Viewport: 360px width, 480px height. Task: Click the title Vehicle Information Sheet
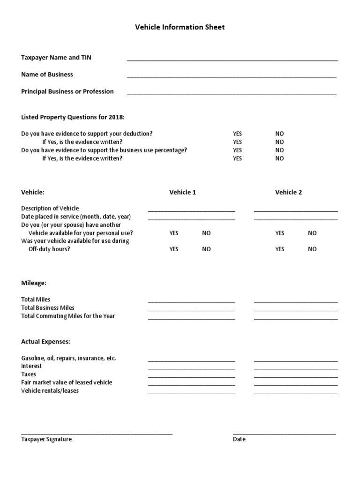coord(180,27)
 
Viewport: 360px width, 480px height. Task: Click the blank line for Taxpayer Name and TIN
coord(232,59)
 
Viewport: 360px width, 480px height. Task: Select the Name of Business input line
coord(232,76)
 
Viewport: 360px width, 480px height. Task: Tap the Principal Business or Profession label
coord(67,91)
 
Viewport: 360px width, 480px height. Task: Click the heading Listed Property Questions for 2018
coord(73,117)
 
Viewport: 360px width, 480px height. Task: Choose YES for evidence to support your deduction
coord(238,134)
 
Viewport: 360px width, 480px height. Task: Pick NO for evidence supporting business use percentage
coord(279,150)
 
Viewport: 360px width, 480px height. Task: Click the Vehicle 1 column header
coord(182,192)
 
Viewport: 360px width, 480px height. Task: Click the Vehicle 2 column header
coord(288,192)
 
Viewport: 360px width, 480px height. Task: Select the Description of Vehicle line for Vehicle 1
coord(192,210)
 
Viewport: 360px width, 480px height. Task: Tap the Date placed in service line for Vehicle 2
coord(296,218)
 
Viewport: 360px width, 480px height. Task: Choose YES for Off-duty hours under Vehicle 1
coord(174,249)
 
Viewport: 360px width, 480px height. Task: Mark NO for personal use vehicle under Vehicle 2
coord(312,233)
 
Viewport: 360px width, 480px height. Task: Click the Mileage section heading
coord(34,283)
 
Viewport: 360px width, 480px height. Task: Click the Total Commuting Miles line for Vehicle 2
coord(296,317)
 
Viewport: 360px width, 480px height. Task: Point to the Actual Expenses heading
coord(45,342)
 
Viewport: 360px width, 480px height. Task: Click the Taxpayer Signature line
coord(97,434)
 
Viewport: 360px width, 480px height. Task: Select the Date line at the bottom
coord(284,434)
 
